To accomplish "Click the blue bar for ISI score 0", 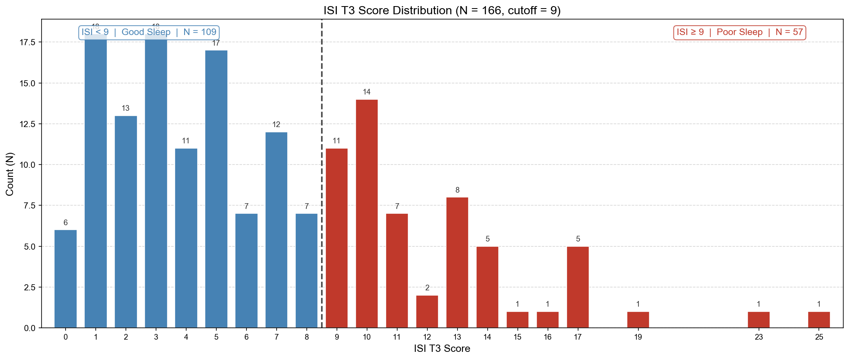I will [x=66, y=279].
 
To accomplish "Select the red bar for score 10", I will [x=367, y=214].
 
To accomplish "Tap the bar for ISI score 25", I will [x=819, y=320].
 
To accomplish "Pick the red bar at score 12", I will [x=427, y=312].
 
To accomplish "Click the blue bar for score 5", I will [x=216, y=189].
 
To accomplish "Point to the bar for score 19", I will [x=638, y=320].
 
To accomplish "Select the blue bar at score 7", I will [x=276, y=230].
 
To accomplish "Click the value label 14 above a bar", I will [x=367, y=92].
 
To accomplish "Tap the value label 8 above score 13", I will [x=457, y=190].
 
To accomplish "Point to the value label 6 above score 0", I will [x=66, y=223].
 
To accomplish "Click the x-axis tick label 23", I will [x=759, y=337].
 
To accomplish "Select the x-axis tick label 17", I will [x=578, y=337].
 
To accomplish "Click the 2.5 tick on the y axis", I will [x=30, y=287].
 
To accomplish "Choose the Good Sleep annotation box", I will [x=149, y=32].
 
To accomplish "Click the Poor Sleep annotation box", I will [x=739, y=32].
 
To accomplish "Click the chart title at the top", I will [x=442, y=10].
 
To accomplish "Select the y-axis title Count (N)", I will [x=10, y=174].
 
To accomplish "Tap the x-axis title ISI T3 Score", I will [x=442, y=349].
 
